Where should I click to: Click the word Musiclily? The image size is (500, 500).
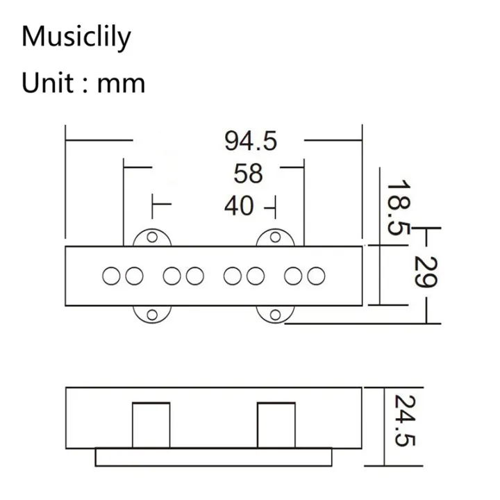pyautogui.click(x=76, y=37)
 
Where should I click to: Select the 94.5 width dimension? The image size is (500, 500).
pyautogui.click(x=250, y=141)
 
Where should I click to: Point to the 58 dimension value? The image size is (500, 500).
pyautogui.click(x=248, y=173)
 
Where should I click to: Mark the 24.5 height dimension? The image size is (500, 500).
pyautogui.click(x=401, y=421)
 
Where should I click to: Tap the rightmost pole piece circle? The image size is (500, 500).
pyautogui.click(x=317, y=276)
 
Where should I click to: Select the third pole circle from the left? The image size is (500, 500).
pyautogui.click(x=172, y=276)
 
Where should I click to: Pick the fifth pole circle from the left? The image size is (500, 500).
pyautogui.click(x=233, y=276)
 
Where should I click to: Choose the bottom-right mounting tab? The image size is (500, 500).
pyautogui.click(x=275, y=315)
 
